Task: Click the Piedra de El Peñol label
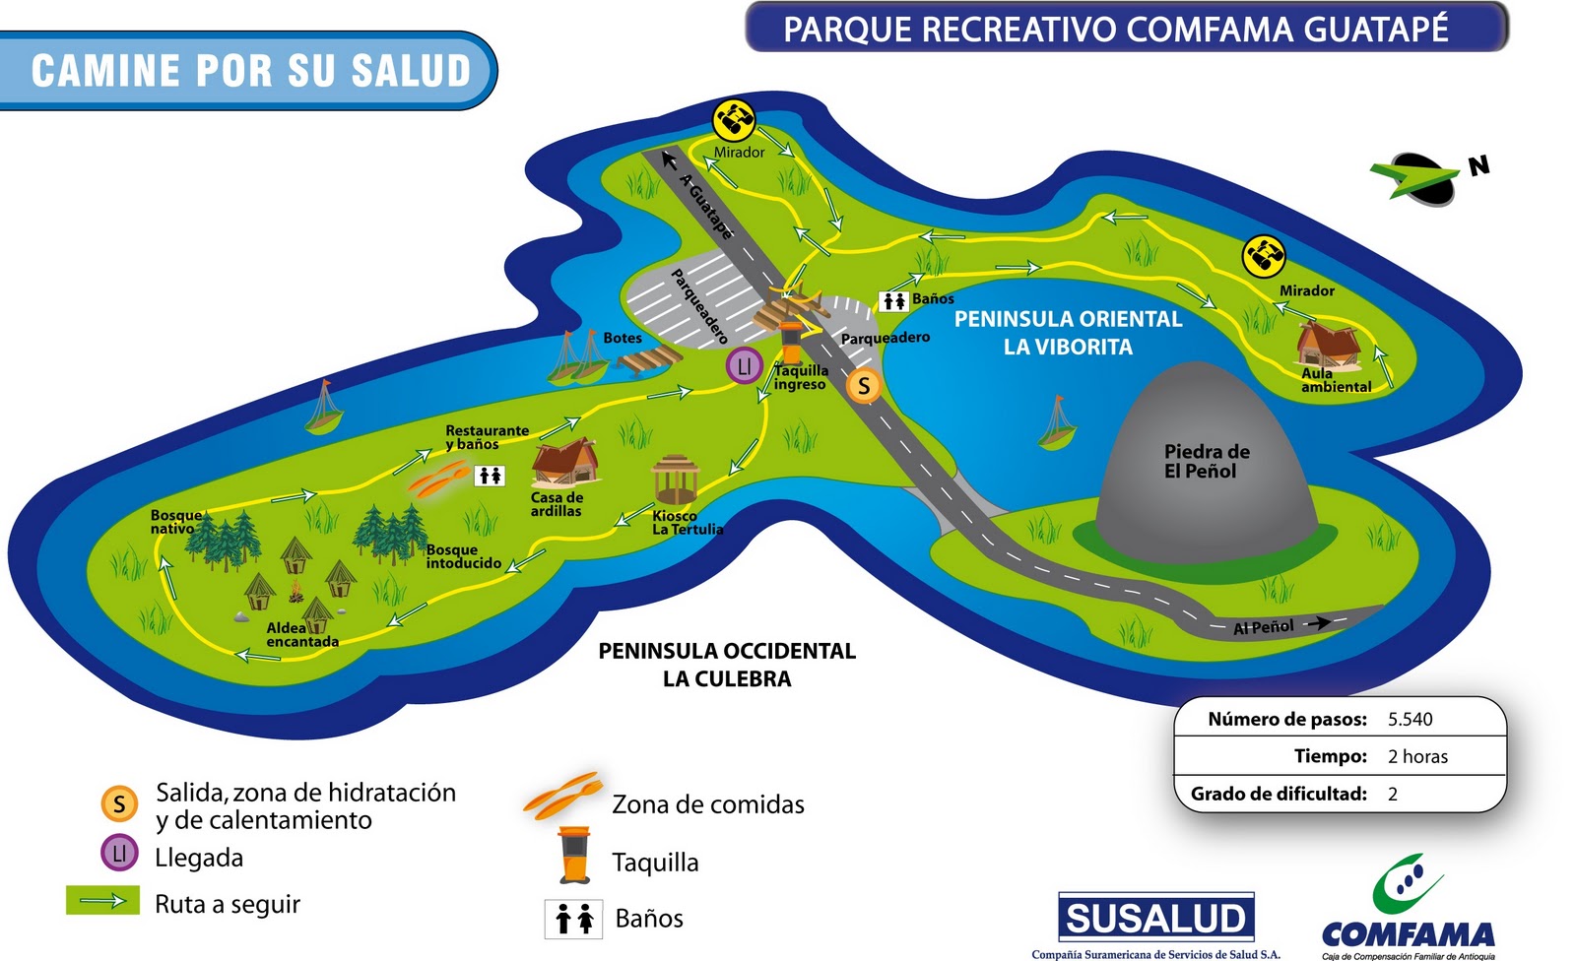pyautogui.click(x=1206, y=461)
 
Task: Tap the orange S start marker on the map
pyautogui.click(x=864, y=385)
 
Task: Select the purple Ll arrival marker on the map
pyautogui.click(x=745, y=366)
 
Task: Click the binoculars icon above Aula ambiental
pyautogui.click(x=1264, y=256)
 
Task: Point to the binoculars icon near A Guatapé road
pyautogui.click(x=734, y=120)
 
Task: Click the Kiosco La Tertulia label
pyautogui.click(x=687, y=523)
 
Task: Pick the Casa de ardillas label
pyautogui.click(x=557, y=504)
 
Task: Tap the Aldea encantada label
pyautogui.click(x=301, y=635)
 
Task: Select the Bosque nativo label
pyautogui.click(x=175, y=522)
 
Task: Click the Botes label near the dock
pyautogui.click(x=623, y=338)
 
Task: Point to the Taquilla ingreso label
pyautogui.click(x=800, y=377)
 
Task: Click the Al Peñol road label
pyautogui.click(x=1264, y=627)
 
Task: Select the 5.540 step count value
pyautogui.click(x=1410, y=719)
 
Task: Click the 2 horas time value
pyautogui.click(x=1417, y=756)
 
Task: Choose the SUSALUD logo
pyautogui.click(x=1155, y=918)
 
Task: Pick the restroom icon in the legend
pyautogui.click(x=573, y=919)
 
